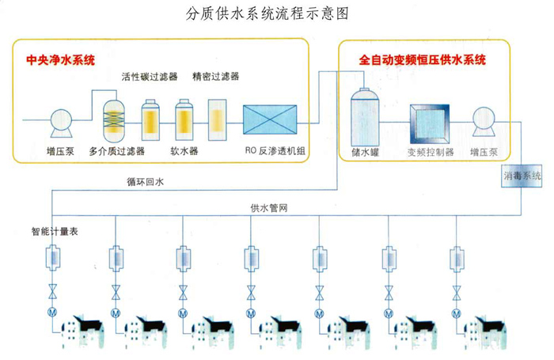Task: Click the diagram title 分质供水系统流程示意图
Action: [266, 13]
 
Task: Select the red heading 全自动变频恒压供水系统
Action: [423, 59]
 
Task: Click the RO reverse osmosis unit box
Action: [271, 121]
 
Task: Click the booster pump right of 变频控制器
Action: [485, 121]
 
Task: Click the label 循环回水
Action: [146, 182]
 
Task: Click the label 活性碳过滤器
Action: [150, 78]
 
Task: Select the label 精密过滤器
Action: [215, 78]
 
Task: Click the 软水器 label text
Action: [184, 150]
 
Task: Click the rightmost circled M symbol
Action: [457, 313]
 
